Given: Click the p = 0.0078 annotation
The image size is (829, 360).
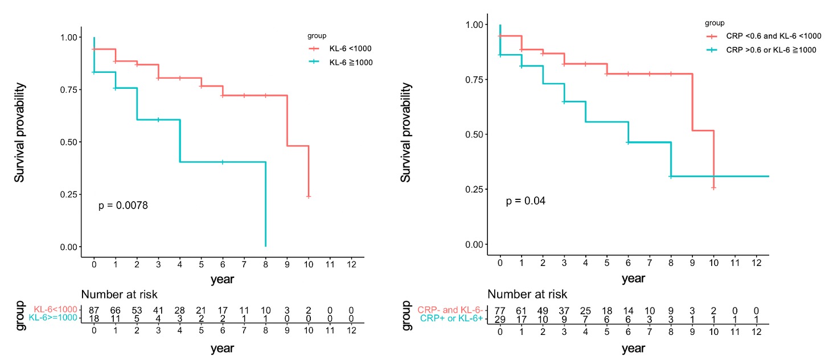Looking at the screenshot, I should (124, 205).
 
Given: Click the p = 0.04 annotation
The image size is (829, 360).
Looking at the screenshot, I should (526, 201).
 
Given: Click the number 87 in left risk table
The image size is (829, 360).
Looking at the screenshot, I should (94, 309).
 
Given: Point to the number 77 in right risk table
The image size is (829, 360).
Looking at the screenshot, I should (499, 309).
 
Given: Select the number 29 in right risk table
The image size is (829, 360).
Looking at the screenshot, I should (499, 318).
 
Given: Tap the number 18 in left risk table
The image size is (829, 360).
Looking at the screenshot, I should (94, 318).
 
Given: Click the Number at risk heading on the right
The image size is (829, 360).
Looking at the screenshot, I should (527, 294).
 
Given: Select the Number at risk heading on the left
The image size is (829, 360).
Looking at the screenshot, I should (120, 294).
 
